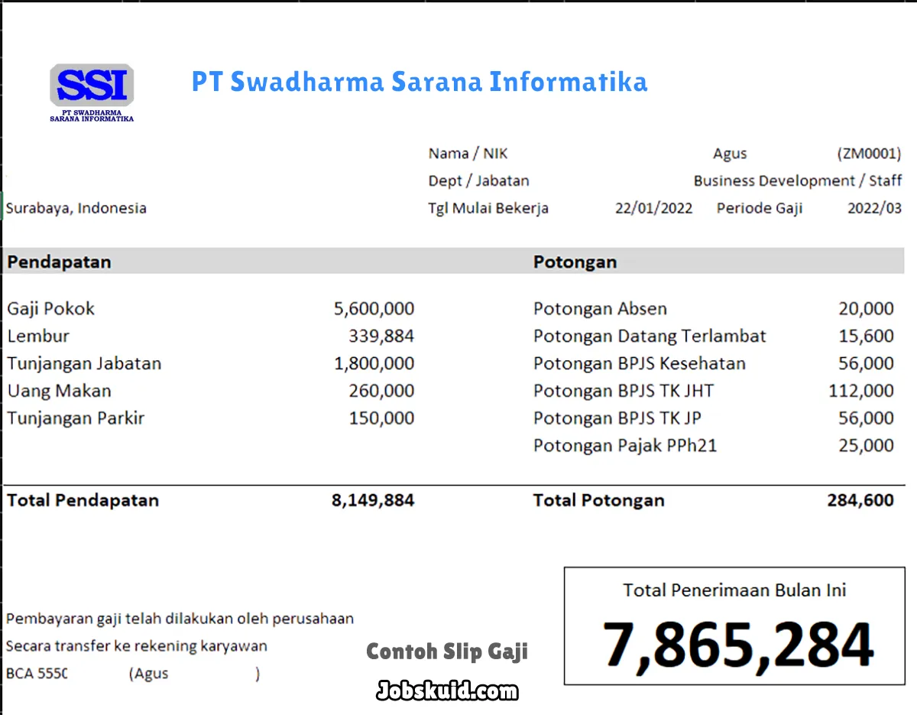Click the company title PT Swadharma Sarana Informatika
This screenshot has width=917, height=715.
[x=419, y=82]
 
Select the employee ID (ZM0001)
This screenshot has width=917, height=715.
[x=869, y=154]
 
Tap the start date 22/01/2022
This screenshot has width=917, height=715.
[x=653, y=208]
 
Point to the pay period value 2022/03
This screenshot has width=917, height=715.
[x=874, y=208]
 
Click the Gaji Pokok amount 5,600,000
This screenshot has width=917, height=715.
[x=374, y=309]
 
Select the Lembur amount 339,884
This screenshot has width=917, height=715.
[x=381, y=336]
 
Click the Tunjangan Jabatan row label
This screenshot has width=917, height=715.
[x=84, y=363]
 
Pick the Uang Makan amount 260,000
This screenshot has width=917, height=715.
[x=381, y=391]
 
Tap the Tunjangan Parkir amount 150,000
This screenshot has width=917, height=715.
[x=381, y=418]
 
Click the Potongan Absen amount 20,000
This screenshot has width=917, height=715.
[x=865, y=309]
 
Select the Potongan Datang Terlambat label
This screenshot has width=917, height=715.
[x=649, y=336]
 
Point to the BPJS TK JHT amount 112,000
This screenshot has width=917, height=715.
[x=860, y=391]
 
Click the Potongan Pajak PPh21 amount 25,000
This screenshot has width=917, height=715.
[x=865, y=446]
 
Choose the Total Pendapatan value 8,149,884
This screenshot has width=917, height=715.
[x=372, y=501]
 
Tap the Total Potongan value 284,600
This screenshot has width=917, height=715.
[x=860, y=501]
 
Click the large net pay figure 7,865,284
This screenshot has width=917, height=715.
[x=737, y=645]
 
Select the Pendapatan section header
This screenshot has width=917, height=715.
[x=59, y=262]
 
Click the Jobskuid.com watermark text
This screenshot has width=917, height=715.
[x=447, y=691]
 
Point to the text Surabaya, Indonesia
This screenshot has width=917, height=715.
[x=76, y=208]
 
